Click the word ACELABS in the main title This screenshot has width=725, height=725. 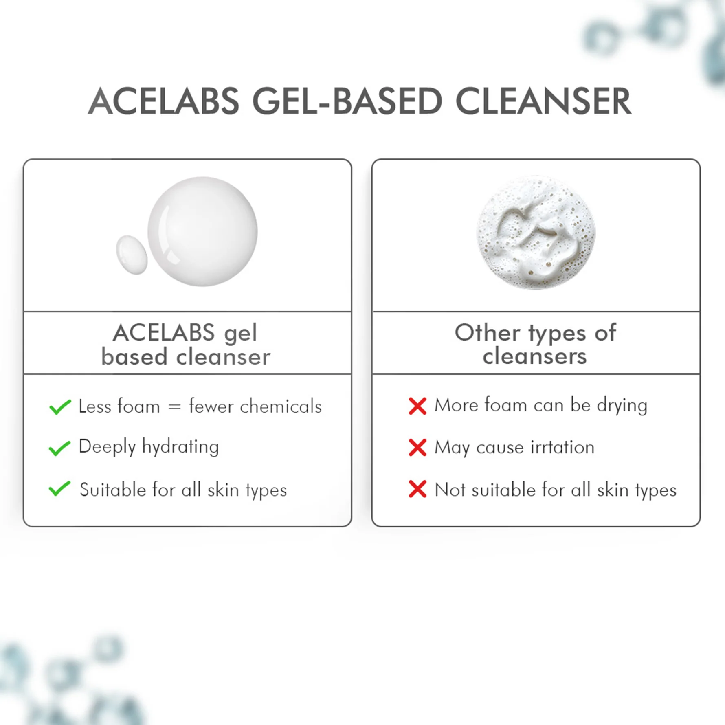pos(163,101)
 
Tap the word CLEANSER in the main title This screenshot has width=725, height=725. pos(543,101)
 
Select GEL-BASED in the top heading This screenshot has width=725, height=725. pos(347,101)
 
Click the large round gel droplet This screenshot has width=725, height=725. pos(202,231)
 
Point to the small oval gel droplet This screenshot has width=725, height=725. pos(132,255)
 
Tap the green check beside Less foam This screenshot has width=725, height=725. pos(60,406)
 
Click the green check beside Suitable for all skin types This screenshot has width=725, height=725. pos(59,489)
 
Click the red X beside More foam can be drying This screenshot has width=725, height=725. pos(417,406)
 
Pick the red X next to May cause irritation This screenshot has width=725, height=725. pos(417,447)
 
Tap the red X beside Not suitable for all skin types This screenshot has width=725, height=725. pos(417,489)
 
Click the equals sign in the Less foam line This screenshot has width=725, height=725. pos(174,407)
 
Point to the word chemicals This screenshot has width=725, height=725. pos(281,406)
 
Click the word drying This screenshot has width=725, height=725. pos(622,406)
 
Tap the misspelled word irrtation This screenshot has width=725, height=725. pos(562,447)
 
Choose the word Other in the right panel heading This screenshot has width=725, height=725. pos(487,333)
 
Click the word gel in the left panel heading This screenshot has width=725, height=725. pos(240,334)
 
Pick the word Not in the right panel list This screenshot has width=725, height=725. pos(450,490)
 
